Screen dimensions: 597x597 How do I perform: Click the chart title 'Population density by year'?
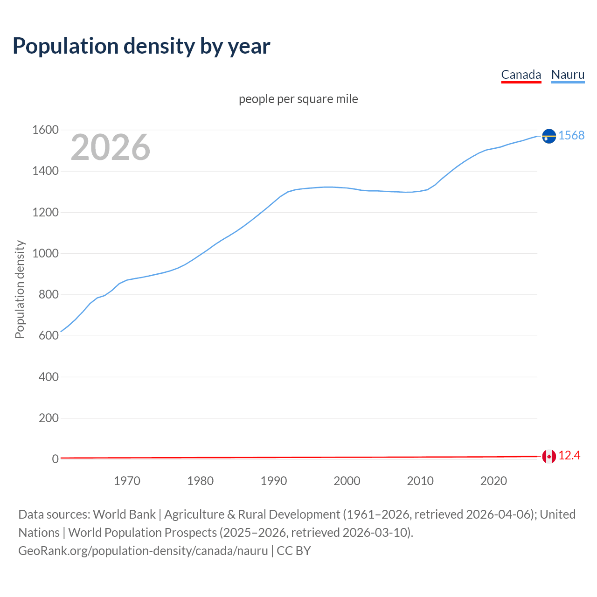(141, 46)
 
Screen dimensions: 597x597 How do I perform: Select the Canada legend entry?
(521, 75)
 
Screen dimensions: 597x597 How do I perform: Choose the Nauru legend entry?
(568, 75)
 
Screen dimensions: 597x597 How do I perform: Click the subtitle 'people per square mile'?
(298, 99)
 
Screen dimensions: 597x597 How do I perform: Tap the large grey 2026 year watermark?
(111, 147)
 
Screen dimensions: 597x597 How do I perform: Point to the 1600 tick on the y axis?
(45, 130)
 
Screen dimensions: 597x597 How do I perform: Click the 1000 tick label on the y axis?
(45, 254)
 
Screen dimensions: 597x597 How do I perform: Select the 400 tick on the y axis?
(49, 377)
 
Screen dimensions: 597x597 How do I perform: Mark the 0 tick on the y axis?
(55, 459)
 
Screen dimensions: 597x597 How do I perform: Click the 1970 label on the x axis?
(127, 481)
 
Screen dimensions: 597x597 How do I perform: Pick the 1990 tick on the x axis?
(274, 481)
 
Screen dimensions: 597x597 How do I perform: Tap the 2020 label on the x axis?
(493, 481)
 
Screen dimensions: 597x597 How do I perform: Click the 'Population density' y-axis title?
(20, 289)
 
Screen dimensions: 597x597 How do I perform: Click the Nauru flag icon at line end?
(549, 136)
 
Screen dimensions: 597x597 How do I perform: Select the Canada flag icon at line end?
(549, 457)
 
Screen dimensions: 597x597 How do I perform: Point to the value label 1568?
(571, 136)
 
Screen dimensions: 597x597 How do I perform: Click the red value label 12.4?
(569, 456)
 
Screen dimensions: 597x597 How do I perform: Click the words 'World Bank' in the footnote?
(124, 514)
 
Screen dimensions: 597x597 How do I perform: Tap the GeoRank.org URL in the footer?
(143, 551)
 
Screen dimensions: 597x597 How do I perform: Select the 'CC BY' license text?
(294, 551)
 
